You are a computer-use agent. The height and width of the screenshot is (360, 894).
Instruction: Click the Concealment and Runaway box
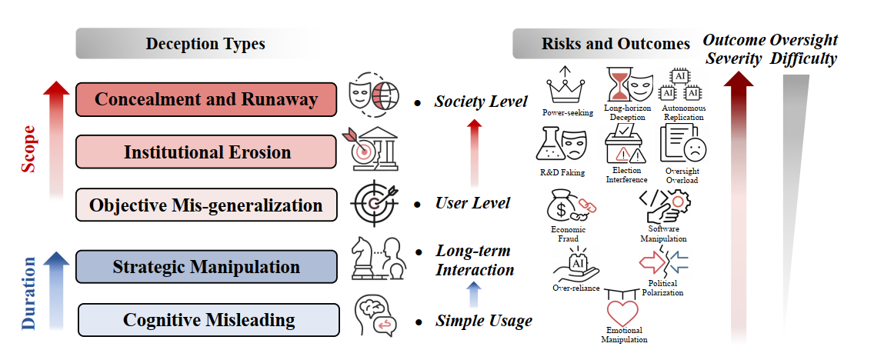(x=206, y=99)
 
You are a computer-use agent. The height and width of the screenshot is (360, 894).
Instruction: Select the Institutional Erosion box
(x=206, y=152)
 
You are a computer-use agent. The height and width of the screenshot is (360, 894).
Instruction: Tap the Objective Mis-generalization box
(x=206, y=205)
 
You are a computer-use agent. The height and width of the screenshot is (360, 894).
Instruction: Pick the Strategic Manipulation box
(x=206, y=267)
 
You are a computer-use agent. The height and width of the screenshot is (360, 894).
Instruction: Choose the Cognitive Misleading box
(x=208, y=320)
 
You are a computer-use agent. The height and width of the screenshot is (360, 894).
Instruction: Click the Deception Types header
(x=205, y=44)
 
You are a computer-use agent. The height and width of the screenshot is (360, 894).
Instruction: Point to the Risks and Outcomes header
(x=605, y=44)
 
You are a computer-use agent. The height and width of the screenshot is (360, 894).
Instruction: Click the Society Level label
(x=481, y=101)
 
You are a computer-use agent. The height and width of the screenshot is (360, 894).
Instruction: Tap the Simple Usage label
(x=483, y=321)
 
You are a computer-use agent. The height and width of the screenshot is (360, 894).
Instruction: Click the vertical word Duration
(x=29, y=293)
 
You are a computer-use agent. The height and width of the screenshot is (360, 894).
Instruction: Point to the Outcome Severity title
(x=734, y=48)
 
